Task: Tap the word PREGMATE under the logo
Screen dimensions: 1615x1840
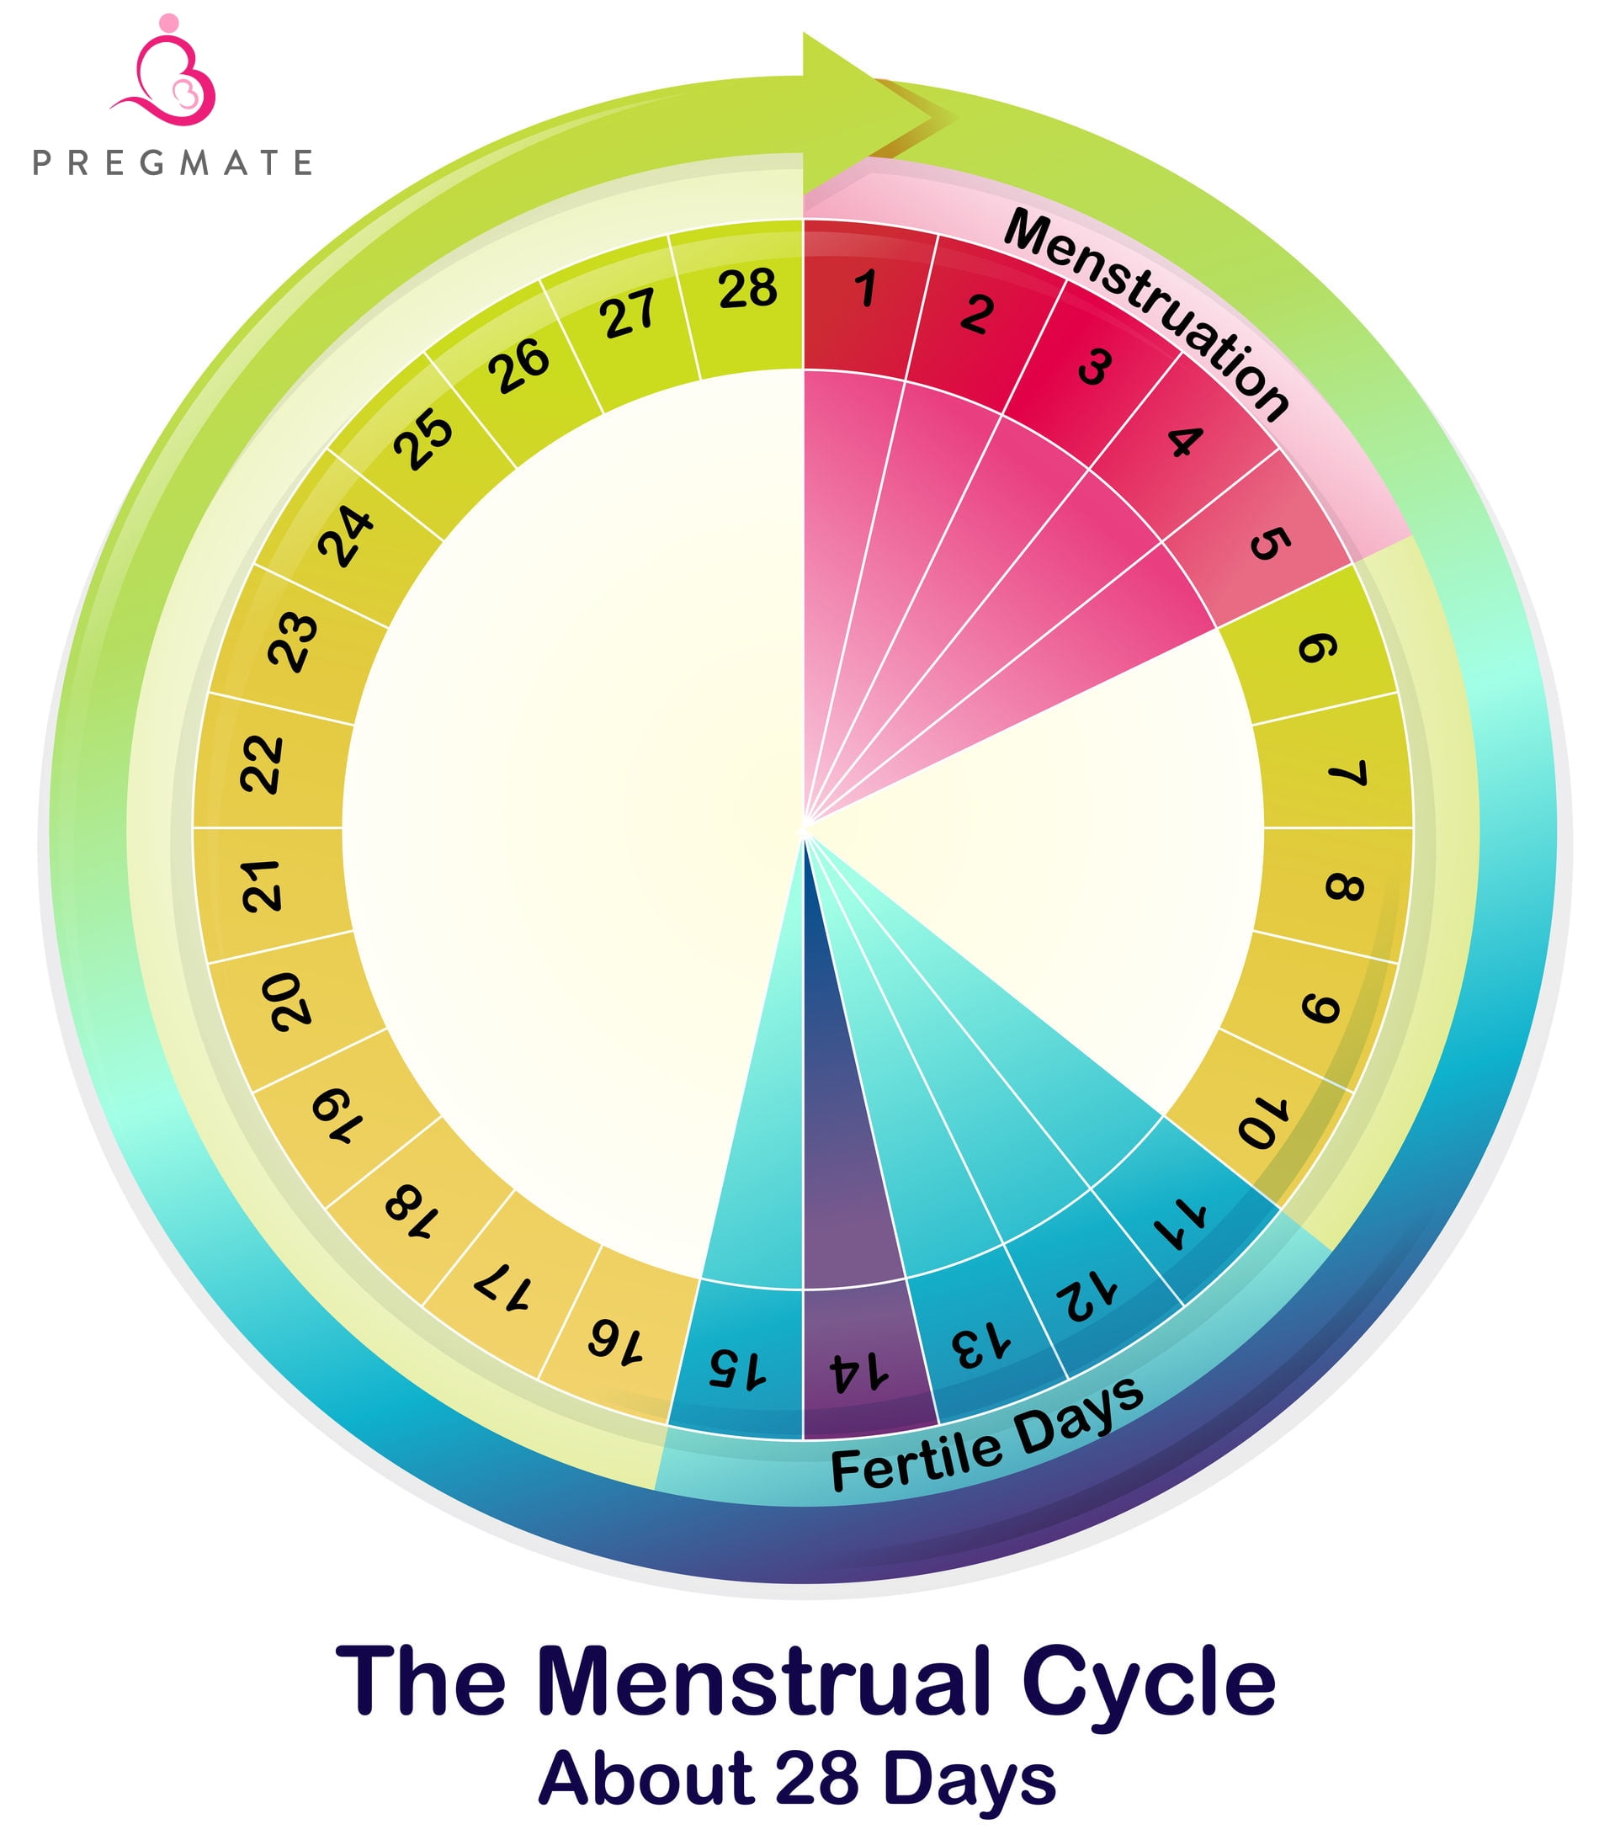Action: (172, 163)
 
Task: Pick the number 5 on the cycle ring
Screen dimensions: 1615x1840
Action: (1270, 543)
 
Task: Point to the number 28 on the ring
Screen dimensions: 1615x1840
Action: (746, 289)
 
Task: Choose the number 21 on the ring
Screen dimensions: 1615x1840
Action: (262, 885)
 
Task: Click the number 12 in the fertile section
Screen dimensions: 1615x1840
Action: (1086, 1296)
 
